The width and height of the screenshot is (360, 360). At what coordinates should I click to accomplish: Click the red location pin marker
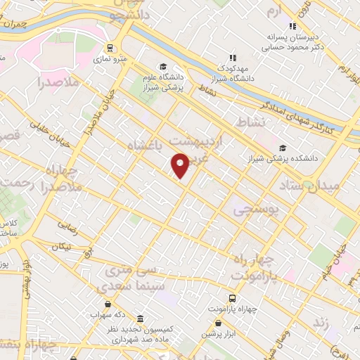pyautogui.click(x=181, y=165)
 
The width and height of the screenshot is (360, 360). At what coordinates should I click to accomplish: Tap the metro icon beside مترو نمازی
pyautogui.click(x=110, y=48)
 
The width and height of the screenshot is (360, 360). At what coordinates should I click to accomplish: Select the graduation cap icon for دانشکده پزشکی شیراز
pyautogui.click(x=283, y=148)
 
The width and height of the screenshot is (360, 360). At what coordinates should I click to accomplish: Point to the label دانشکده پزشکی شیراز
pyautogui.click(x=288, y=158)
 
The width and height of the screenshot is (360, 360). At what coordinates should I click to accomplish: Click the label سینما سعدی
pyautogui.click(x=129, y=285)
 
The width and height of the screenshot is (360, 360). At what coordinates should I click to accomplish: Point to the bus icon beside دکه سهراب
pyautogui.click(x=107, y=304)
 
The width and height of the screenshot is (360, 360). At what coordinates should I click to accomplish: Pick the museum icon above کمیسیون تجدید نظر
pyautogui.click(x=141, y=319)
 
